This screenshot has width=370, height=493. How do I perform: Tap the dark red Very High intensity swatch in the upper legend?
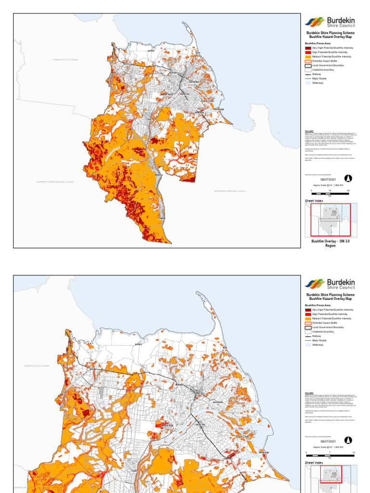[308, 48]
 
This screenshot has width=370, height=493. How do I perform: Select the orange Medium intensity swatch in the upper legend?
[308, 57]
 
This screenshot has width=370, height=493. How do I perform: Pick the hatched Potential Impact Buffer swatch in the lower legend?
[308, 323]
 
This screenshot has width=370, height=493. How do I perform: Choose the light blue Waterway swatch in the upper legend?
[308, 83]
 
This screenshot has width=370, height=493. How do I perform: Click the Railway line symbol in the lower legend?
[308, 336]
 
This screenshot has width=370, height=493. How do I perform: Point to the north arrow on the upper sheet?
[348, 179]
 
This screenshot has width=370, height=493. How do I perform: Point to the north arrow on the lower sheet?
[348, 440]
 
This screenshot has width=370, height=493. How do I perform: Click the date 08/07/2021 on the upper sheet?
[328, 179]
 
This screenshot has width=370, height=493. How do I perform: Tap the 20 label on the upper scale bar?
[348, 191]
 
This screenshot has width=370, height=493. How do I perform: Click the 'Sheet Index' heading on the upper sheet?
[314, 200]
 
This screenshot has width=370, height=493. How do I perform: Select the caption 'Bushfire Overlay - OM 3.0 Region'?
[330, 243]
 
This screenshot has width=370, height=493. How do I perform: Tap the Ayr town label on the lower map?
[197, 392]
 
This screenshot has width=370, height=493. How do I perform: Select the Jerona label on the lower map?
[139, 344]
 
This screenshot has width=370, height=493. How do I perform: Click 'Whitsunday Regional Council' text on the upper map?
[230, 191]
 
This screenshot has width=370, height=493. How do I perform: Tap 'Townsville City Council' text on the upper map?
[66, 60]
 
